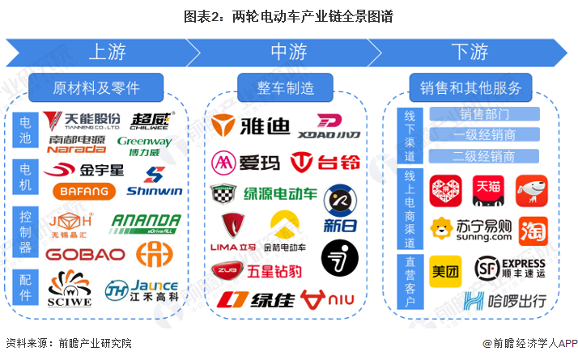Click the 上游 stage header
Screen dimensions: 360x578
point(105,53)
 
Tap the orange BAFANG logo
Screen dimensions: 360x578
point(79,191)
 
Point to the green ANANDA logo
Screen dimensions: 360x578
point(145,222)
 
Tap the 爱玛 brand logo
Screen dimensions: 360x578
point(246,163)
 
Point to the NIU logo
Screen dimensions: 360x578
point(328,299)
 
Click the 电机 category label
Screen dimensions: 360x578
point(26,178)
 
